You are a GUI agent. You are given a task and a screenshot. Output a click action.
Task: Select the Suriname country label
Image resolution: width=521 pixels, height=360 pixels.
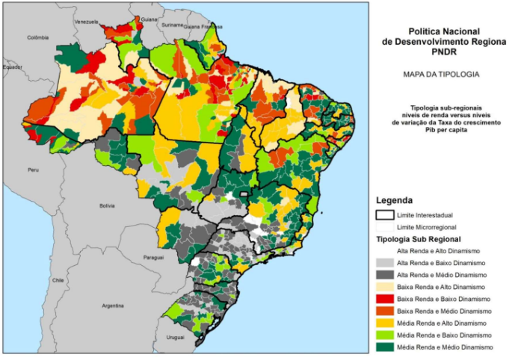click(172, 25)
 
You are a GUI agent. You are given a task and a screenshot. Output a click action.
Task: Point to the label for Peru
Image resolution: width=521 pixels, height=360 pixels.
click(33, 170)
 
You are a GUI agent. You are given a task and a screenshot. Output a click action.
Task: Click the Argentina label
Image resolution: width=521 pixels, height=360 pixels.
click(113, 305)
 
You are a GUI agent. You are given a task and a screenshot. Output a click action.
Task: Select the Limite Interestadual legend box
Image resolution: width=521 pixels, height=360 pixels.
click(384, 214)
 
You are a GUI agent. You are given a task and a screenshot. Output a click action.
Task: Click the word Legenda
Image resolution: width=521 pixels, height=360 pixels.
click(395, 201)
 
